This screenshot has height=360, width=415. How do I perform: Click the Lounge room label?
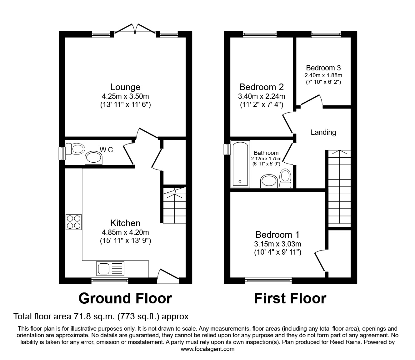[x=125, y=87]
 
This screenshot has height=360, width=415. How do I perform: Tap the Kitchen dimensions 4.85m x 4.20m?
[x=125, y=232]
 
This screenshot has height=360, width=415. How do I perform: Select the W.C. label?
[x=107, y=150]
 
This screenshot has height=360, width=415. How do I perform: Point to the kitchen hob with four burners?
[x=74, y=222]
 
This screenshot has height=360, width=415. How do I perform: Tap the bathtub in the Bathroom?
[x=240, y=164]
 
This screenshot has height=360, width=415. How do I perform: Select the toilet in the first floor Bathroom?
[x=285, y=178]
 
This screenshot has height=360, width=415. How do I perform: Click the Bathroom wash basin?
[x=269, y=181]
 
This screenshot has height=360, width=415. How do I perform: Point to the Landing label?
[x=323, y=132]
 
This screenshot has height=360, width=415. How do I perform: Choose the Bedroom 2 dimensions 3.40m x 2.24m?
[x=261, y=96]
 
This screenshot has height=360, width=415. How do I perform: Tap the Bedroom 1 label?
[x=277, y=235]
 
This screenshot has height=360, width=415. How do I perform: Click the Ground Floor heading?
[x=125, y=298]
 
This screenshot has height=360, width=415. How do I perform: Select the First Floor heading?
[x=290, y=298]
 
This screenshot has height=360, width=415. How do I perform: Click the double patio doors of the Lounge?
[x=135, y=29]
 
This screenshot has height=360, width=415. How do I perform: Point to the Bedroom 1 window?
[x=268, y=281]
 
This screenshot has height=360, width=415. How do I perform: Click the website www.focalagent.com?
[x=207, y=349]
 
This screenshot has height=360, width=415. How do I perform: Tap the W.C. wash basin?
[x=94, y=158]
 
